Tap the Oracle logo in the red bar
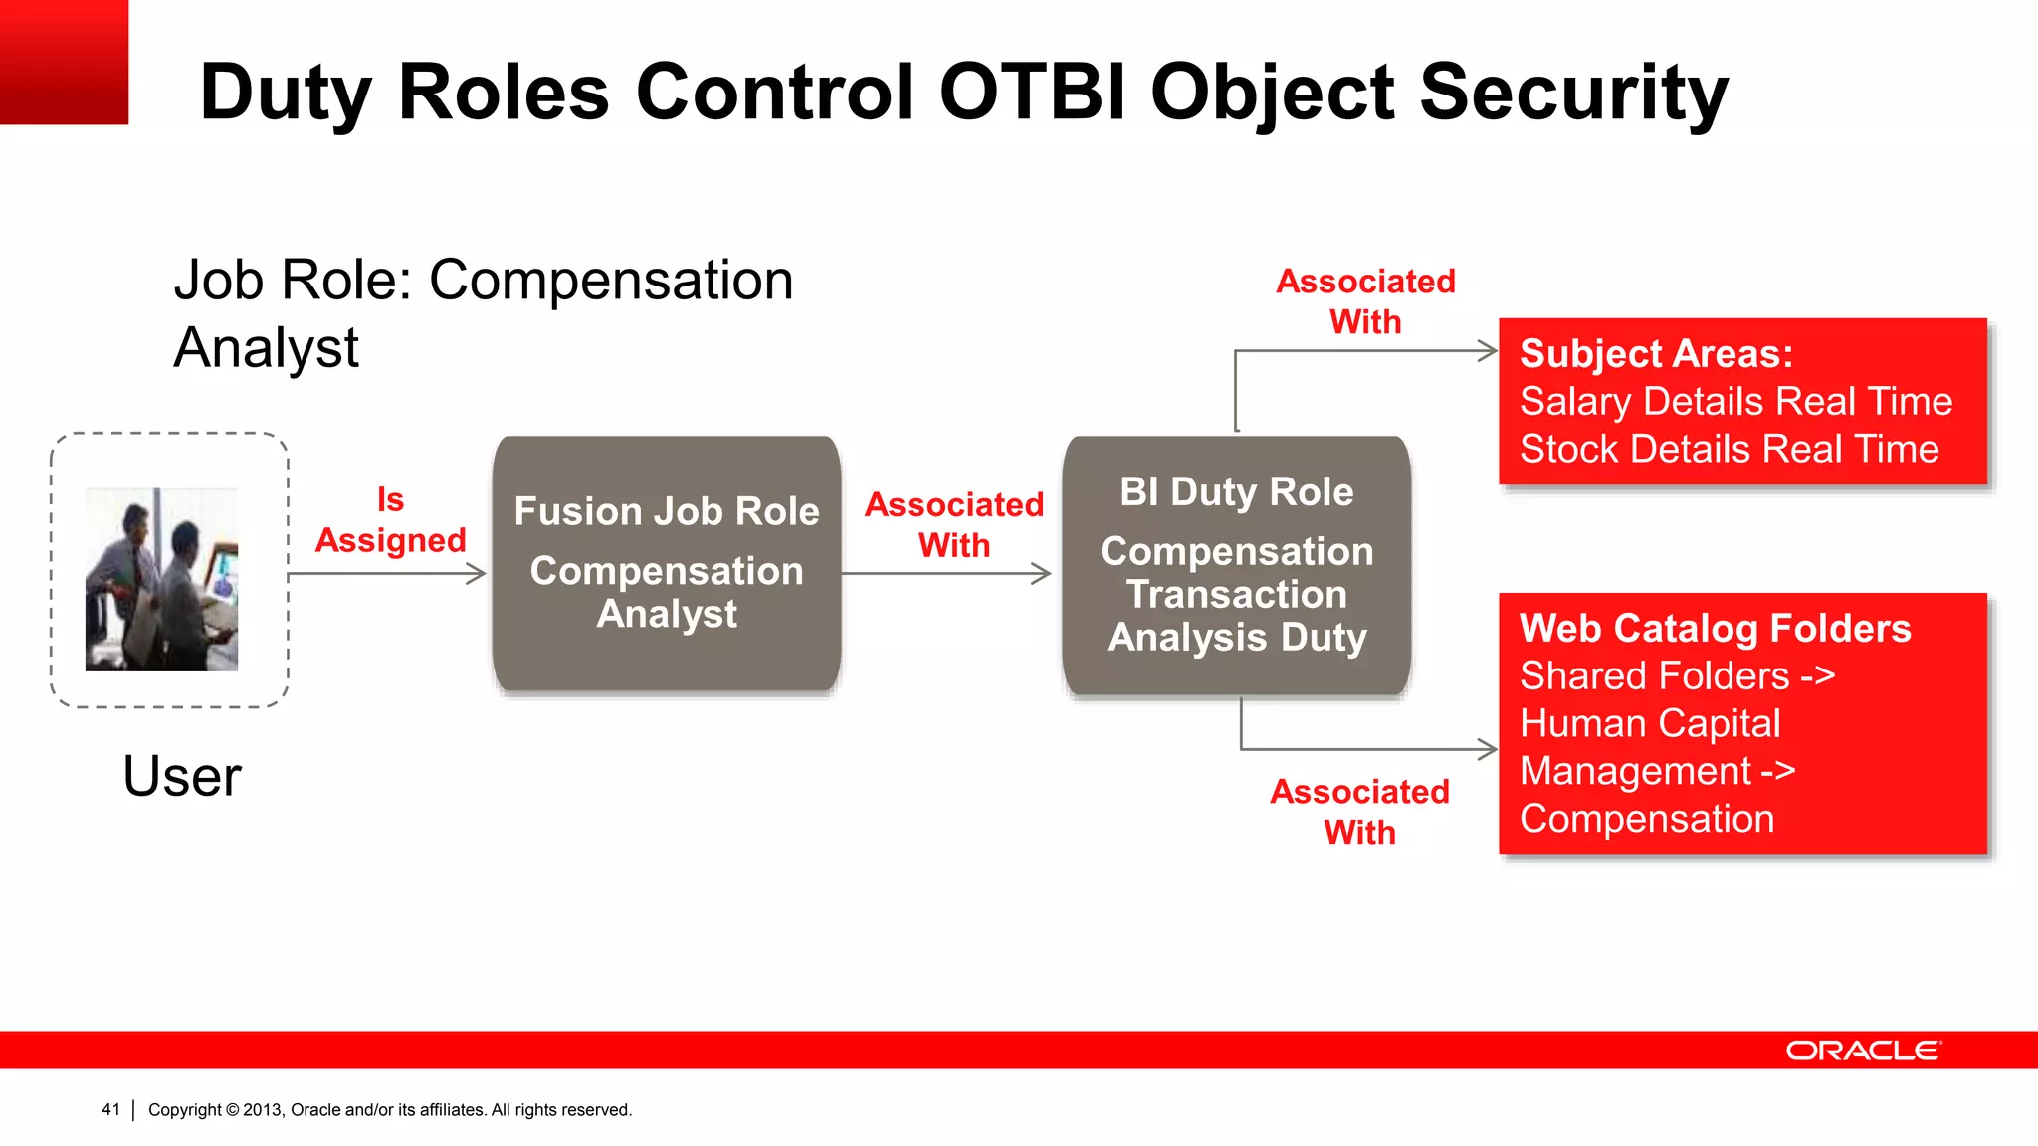1862,1050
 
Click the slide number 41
110,1109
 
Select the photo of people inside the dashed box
161,579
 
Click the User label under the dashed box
182,776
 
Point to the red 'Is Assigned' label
390,520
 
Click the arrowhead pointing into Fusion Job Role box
478,574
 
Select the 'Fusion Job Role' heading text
667,511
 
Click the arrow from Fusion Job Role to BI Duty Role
945,574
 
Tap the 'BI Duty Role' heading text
1236,492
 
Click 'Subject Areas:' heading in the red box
1656,354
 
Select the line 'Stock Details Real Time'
1729,449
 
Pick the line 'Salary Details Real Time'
1735,402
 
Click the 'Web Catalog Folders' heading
1715,629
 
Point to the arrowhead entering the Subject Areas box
1489,351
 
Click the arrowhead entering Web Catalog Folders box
1489,750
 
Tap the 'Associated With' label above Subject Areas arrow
1365,301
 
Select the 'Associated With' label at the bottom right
1359,812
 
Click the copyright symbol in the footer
233,1109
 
